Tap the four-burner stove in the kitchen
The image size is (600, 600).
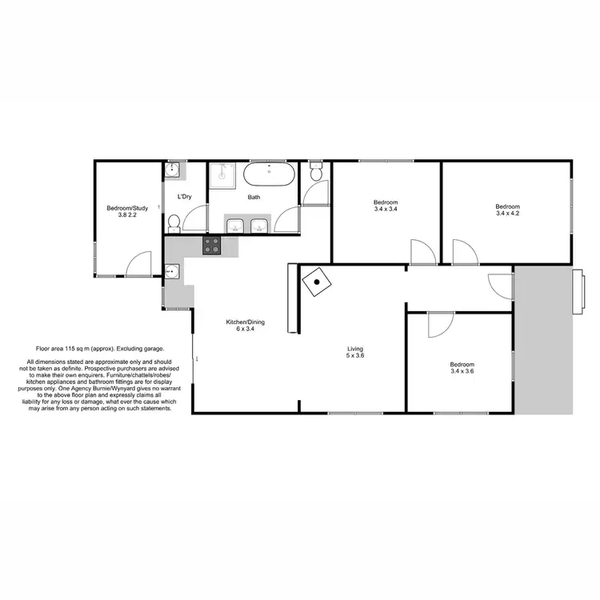click(212, 246)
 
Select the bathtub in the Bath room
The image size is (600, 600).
click(269, 174)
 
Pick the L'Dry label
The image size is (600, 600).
click(184, 197)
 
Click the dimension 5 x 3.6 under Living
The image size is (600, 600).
click(355, 356)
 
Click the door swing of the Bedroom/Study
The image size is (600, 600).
click(138, 265)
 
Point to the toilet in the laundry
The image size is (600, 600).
click(174, 221)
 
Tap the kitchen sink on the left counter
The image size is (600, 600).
click(173, 272)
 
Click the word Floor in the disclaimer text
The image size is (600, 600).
click(44, 349)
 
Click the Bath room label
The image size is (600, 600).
click(254, 197)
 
